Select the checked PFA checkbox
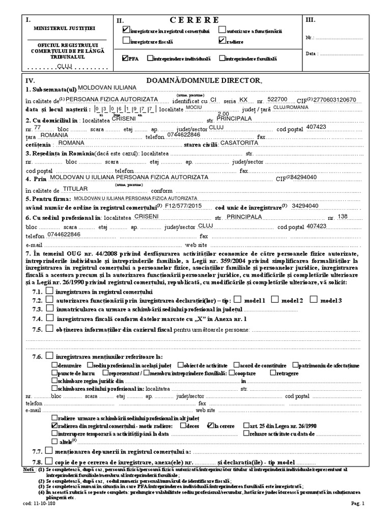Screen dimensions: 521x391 (126, 59)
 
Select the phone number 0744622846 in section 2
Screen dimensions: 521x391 (182, 136)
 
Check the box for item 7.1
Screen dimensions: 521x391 (49, 291)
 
